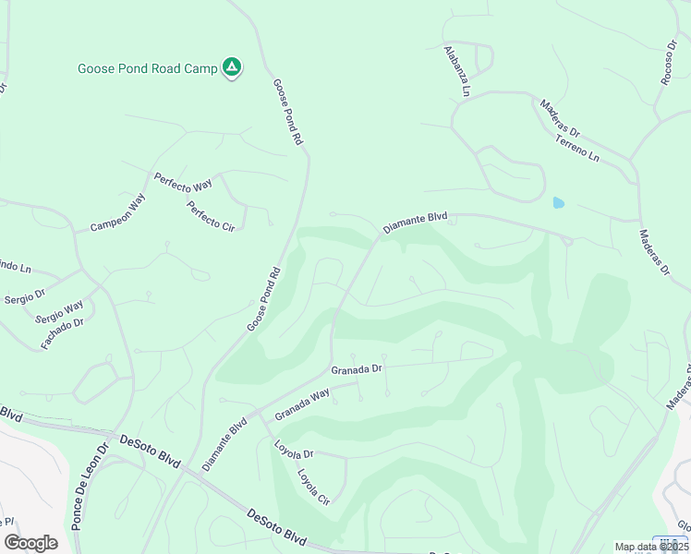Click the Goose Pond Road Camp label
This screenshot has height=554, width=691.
[147, 68]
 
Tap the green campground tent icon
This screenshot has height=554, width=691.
[233, 67]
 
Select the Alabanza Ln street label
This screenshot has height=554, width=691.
[456, 71]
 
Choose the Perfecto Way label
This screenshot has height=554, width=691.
[183, 183]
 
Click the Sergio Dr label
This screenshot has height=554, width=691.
[25, 298]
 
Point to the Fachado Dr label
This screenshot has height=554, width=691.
[63, 334]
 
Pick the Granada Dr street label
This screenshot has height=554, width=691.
[357, 368]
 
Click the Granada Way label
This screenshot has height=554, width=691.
[302, 403]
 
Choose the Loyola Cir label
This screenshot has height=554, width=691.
[313, 488]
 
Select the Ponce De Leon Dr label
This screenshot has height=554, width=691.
[90, 484]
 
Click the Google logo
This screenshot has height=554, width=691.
[30, 543]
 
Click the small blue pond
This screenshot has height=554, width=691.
[557, 202]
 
